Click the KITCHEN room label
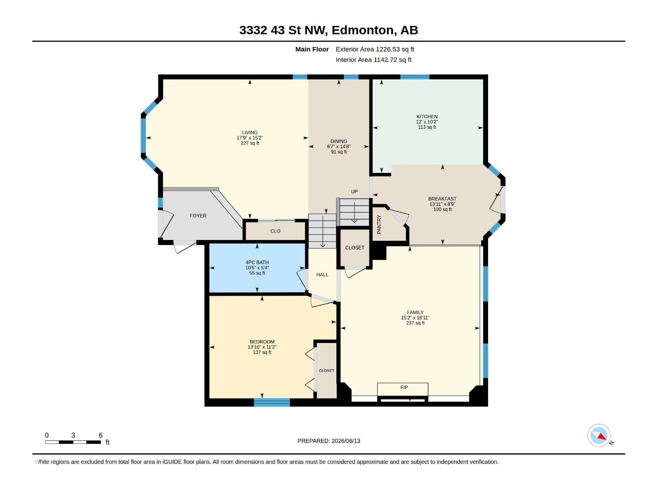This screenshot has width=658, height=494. click(427, 117)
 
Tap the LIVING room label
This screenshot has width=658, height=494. click(250, 132)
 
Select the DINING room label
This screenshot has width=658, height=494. click(339, 141)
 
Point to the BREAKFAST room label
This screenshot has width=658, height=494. click(442, 198)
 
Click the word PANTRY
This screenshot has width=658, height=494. click(379, 224)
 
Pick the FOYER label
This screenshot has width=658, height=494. click(198, 216)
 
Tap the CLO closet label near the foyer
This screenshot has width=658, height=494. click(275, 231)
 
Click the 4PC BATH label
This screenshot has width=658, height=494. click(257, 262)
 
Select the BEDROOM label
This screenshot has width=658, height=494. click(262, 342)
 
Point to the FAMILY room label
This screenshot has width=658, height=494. click(415, 312)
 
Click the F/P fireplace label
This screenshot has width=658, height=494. click(404, 387)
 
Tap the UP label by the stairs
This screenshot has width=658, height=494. click(354, 191)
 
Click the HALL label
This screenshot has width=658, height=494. click(322, 275)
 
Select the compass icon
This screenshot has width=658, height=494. click(599, 435)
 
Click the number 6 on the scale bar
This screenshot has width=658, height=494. click(101, 435)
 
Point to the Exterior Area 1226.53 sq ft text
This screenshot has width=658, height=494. click(375, 49)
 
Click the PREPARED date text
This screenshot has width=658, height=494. click(329, 441)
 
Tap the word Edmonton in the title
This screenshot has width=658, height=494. click(362, 30)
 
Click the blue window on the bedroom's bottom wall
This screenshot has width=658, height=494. click(272, 402)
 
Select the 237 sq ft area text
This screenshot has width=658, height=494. click(415, 323)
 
